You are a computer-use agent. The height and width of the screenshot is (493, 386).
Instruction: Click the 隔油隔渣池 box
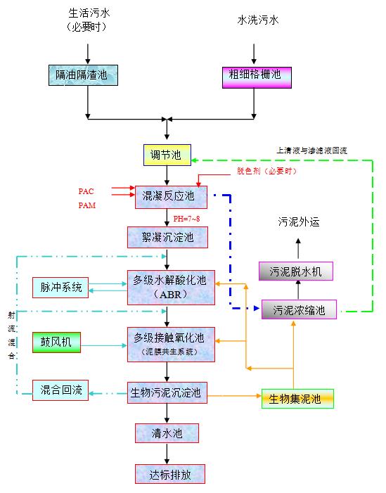[x=82, y=74]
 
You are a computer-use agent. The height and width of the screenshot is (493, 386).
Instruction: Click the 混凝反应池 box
[x=167, y=196]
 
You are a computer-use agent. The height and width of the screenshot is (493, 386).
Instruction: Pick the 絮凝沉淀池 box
[x=167, y=237]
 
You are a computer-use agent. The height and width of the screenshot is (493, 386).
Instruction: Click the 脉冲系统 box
[x=61, y=287]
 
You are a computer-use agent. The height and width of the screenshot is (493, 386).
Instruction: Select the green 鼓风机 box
[x=57, y=343]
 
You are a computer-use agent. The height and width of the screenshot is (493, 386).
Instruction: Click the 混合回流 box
[x=61, y=390]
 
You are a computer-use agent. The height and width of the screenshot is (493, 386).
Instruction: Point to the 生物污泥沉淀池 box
[x=167, y=393]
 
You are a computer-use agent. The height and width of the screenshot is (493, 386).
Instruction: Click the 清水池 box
[x=167, y=433]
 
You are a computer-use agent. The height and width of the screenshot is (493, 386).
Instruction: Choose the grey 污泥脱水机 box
[x=296, y=271]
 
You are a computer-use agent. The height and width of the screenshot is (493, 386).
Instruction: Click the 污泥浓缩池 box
[x=299, y=309]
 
